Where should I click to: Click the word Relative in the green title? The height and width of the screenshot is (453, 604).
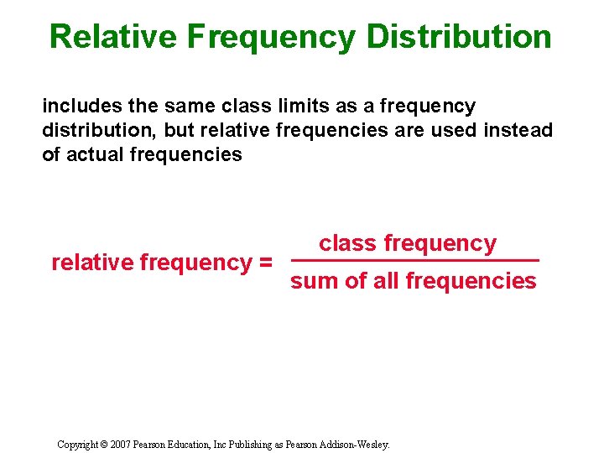click(113, 37)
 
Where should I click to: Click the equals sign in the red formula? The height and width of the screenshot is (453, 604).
click(264, 263)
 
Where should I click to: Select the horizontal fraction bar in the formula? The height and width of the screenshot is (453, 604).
click(414, 261)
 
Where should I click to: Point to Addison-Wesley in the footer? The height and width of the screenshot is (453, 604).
click(355, 445)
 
